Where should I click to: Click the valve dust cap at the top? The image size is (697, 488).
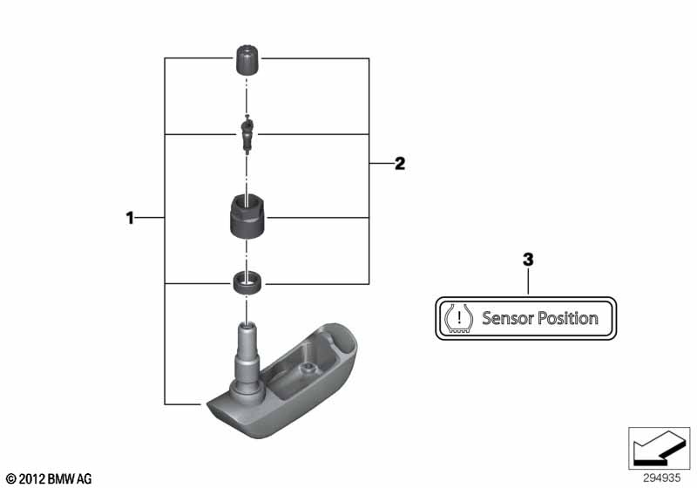click(x=247, y=60)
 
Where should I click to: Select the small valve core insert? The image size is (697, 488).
click(x=247, y=134)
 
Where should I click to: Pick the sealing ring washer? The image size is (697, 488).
click(x=247, y=282)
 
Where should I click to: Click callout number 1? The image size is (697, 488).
click(x=130, y=218)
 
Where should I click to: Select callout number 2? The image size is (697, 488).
click(x=400, y=164)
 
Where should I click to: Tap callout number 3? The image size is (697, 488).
click(x=528, y=260)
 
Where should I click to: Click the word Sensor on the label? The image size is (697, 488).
click(x=508, y=318)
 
